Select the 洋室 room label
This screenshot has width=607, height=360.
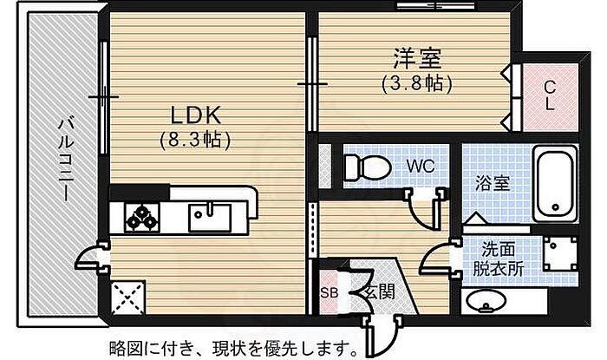[x=419, y=60]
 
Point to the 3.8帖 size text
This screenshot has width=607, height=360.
[x=419, y=85]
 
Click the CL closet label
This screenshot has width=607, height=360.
[x=550, y=95]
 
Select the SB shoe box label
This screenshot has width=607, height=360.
[x=330, y=292]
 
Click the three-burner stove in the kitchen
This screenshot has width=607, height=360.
[x=142, y=215]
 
